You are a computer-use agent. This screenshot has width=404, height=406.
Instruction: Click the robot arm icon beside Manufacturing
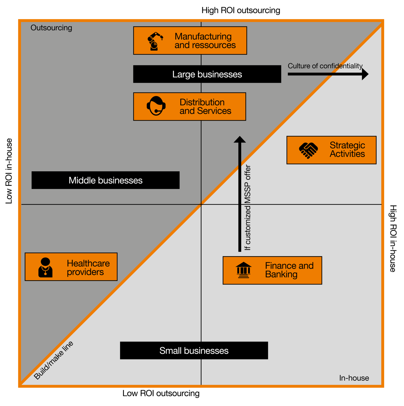(x=155, y=41)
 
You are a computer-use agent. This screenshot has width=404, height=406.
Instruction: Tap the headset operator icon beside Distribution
(x=156, y=106)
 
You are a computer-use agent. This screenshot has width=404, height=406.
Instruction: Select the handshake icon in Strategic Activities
(x=308, y=150)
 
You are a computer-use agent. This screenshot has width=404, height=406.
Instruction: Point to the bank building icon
(x=243, y=270)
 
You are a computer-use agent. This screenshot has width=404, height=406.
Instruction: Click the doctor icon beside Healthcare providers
(x=45, y=268)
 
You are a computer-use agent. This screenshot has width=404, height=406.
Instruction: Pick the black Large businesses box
(x=207, y=74)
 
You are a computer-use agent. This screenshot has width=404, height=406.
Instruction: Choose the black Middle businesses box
(x=106, y=180)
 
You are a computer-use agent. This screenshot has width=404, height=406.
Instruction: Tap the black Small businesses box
(x=194, y=350)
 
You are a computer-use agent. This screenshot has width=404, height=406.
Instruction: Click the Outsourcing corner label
(x=51, y=28)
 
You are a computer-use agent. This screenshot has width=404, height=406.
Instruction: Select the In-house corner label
(x=354, y=378)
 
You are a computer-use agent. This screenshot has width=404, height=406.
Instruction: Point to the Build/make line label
(x=54, y=360)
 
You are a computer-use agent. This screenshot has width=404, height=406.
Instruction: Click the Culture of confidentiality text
(x=325, y=66)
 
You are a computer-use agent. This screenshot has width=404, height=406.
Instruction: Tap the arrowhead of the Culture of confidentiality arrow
(x=365, y=74)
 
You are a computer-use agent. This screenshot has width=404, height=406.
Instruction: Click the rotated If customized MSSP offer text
(x=248, y=208)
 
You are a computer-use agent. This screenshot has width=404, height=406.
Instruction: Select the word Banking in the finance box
(x=281, y=274)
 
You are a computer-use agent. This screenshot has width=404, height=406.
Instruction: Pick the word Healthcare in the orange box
(x=88, y=264)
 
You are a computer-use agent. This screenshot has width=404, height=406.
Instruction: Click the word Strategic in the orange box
(x=347, y=145)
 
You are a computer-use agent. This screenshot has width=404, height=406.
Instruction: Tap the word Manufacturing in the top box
(x=203, y=37)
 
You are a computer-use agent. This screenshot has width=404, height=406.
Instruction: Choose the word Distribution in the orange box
(x=202, y=102)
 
